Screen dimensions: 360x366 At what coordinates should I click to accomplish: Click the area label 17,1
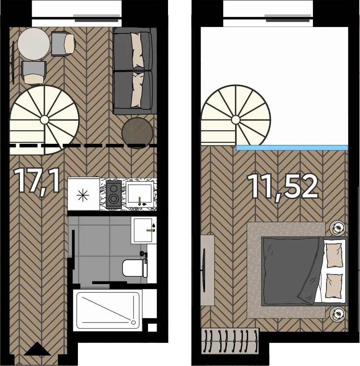point(37,181)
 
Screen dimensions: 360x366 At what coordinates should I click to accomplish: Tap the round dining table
point(34,44)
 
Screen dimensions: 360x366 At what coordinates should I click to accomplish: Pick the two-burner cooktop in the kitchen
point(114,194)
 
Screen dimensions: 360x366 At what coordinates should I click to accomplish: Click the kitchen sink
point(140,195)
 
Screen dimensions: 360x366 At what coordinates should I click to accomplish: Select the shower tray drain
point(133,322)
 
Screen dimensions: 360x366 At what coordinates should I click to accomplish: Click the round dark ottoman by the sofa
point(137,133)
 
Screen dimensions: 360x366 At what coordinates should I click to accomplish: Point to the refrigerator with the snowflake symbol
point(84,194)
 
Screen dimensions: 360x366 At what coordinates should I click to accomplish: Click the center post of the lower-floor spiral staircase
point(44,120)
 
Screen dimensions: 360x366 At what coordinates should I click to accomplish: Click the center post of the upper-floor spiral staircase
point(236,120)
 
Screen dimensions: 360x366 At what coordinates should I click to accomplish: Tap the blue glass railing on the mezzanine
point(292,148)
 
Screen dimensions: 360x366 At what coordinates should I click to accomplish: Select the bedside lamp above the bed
point(337,227)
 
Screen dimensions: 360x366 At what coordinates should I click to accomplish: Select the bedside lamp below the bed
point(337,314)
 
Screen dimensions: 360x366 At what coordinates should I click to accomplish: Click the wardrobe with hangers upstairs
point(230,341)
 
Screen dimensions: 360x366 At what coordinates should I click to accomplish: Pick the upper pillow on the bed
point(334,255)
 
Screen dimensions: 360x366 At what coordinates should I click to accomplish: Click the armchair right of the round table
point(63,44)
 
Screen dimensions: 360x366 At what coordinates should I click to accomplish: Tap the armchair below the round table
point(34,73)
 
